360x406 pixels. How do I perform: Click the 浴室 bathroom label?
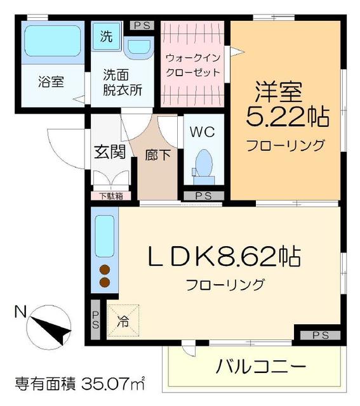[x=50, y=82]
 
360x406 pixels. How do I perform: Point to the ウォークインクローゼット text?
[x=192, y=64]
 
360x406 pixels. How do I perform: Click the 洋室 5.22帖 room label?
[x=286, y=105]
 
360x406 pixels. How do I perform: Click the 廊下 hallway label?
[x=157, y=154]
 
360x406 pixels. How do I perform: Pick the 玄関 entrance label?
[x=109, y=153]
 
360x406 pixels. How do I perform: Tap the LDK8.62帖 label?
[x=224, y=258]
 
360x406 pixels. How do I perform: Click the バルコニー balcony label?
[x=260, y=367]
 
